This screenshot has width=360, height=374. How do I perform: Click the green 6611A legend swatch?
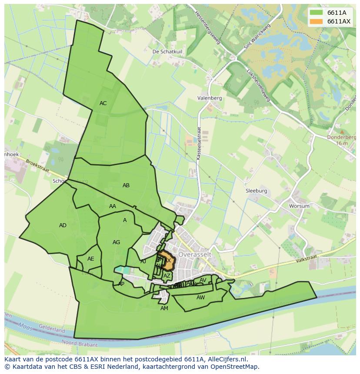[316, 13]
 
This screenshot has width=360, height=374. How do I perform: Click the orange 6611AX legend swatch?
[316, 21]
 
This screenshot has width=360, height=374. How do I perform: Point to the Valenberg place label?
[209, 98]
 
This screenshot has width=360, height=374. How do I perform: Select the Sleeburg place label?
[257, 191]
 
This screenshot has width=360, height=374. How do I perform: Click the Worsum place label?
[299, 206]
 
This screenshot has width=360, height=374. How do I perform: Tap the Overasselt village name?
[195, 255]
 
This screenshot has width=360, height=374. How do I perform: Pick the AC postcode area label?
[103, 103]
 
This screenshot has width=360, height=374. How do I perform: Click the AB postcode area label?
[126, 185]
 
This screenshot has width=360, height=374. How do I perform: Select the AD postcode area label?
[63, 225]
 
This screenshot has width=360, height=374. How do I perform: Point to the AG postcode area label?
[116, 242]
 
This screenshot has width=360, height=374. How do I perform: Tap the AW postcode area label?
[200, 298]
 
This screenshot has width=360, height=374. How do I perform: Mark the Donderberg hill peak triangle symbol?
[342, 131]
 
